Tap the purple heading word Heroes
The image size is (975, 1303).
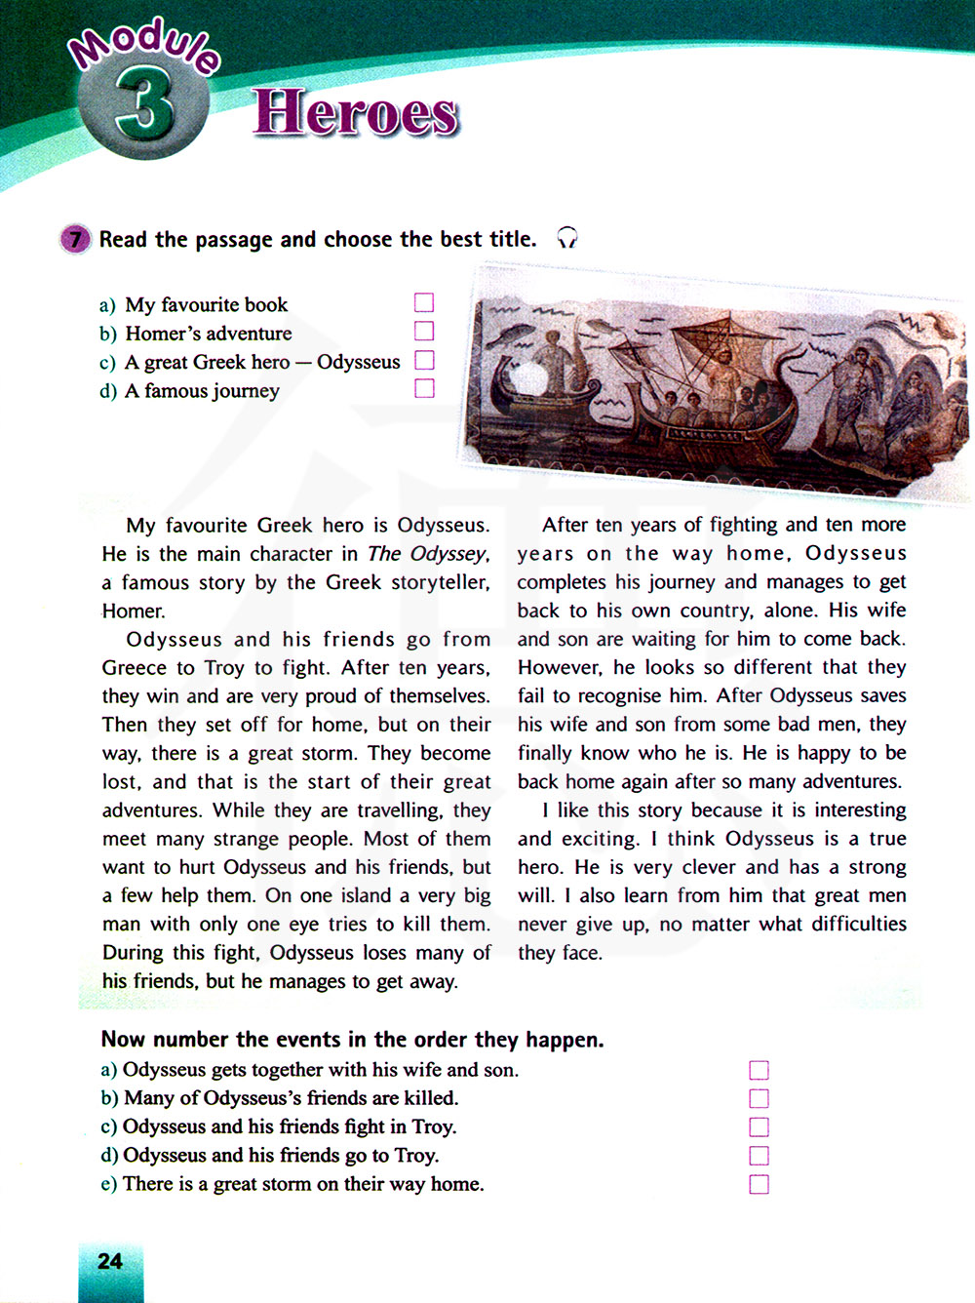356,113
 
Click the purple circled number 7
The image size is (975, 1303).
75,239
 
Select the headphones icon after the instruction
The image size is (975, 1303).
566,238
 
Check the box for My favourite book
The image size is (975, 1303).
424,302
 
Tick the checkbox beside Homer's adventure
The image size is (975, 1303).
424,332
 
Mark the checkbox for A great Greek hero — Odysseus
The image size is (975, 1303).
424,360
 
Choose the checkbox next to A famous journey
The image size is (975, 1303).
424,388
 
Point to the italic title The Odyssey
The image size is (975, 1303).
426,554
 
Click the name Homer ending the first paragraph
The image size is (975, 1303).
133,612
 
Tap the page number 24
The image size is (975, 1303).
110,1261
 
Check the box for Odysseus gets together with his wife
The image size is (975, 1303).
759,1070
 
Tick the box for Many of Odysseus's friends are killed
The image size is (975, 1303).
759,1098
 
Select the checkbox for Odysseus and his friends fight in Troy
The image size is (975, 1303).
759,1127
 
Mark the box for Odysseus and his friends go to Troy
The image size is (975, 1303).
759,1156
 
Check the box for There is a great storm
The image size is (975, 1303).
759,1184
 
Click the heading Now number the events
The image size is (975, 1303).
352,1040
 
